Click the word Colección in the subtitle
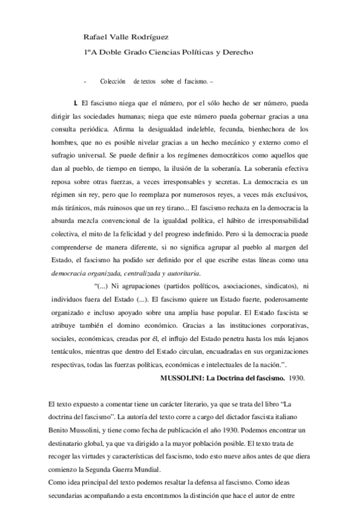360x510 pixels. pyautogui.click(x=112, y=81)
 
